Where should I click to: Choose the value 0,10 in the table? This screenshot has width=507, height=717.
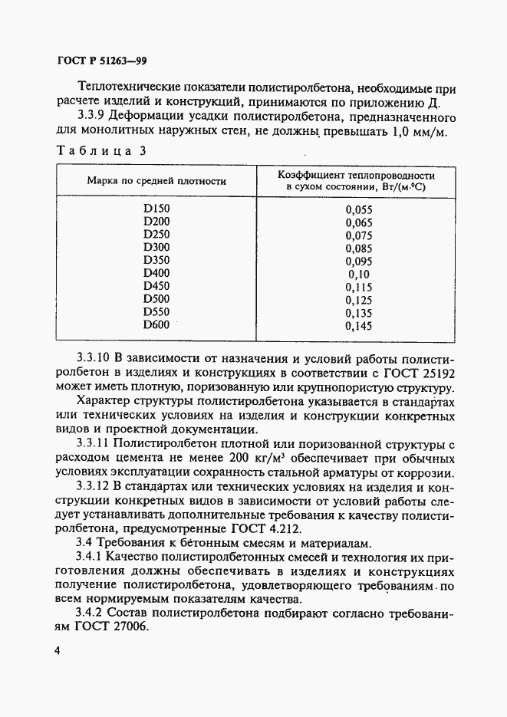pos(358,274)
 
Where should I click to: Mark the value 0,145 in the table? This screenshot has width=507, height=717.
pos(358,327)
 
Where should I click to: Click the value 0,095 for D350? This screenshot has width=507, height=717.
pos(358,261)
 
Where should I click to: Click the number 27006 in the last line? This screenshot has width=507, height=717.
pos(127,627)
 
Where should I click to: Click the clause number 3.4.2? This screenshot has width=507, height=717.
pos(95,613)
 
